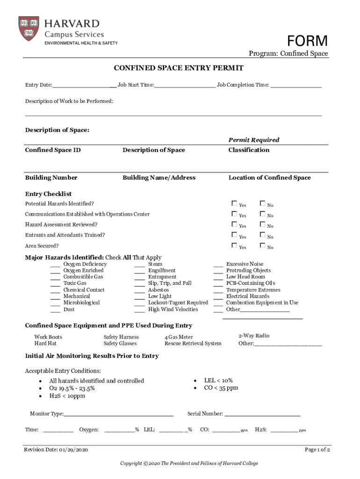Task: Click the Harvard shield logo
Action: [x=29, y=29]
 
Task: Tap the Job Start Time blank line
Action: [x=185, y=86]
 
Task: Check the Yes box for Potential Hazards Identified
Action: [x=234, y=203]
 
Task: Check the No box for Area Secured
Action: [x=262, y=246]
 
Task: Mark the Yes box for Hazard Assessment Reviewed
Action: [x=234, y=225]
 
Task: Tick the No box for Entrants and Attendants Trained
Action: [x=262, y=235]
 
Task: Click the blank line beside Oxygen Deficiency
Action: [x=55, y=265]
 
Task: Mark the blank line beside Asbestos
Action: [x=139, y=290]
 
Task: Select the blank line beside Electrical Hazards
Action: [x=218, y=297]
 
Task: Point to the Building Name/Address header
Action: [x=159, y=178]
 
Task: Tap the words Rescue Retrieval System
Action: [x=193, y=343]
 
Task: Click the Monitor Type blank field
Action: [x=119, y=414]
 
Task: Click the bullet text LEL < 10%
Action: [x=218, y=381]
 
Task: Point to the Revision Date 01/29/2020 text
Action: [x=56, y=450]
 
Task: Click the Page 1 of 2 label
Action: [x=317, y=450]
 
